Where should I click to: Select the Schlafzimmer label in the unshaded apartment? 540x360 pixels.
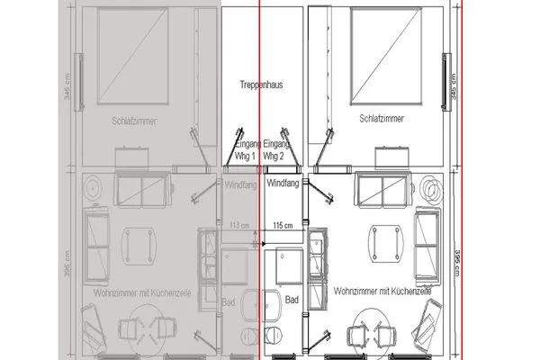(x=380, y=118)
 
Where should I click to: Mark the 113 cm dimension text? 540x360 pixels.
(x=238, y=225)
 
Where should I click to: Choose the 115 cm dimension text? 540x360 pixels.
(x=283, y=225)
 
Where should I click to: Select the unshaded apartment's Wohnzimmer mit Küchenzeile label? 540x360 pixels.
(x=382, y=292)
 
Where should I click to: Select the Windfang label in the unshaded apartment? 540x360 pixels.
(x=284, y=183)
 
